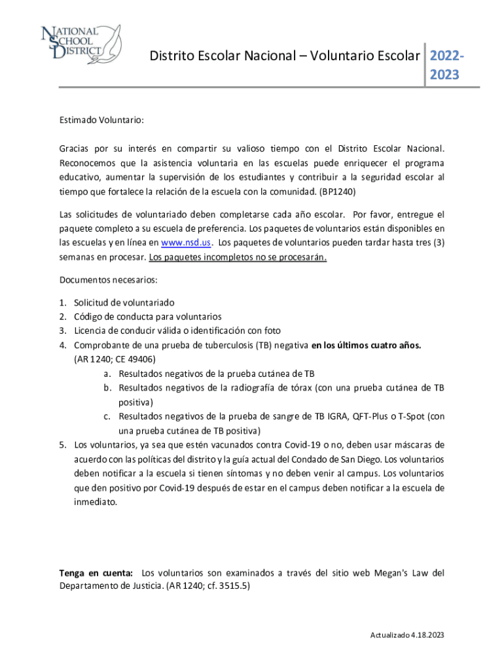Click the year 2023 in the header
coord(444,75)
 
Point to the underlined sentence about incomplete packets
coord(238,257)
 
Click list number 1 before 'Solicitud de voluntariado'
coord(63,303)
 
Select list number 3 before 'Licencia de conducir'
coord(63,330)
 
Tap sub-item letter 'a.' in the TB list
coord(107,374)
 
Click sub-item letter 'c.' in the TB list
coord(107,416)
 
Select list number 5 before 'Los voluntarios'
coord(63,445)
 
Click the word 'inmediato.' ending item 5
coord(96,502)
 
